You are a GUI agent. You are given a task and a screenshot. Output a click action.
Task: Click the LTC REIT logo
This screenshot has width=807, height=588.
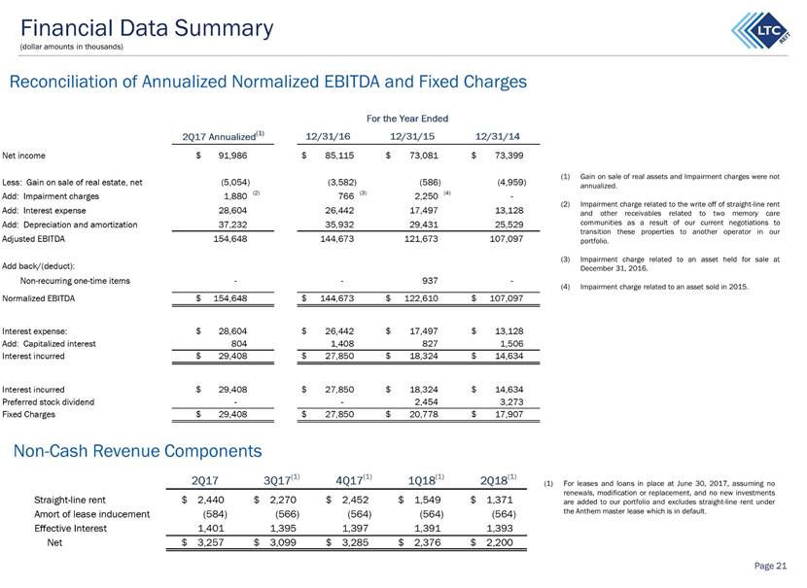click(x=760, y=30)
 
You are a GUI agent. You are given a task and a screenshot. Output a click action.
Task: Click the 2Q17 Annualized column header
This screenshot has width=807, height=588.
click(x=223, y=136)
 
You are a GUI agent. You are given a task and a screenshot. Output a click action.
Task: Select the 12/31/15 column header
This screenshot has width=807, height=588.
click(x=411, y=136)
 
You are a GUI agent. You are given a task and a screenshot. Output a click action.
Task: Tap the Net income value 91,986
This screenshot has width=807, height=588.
click(x=232, y=156)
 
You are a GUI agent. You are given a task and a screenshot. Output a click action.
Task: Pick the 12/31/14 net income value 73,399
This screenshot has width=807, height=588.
click(x=509, y=156)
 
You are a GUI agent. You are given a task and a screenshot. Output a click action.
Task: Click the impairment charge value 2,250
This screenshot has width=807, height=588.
click(x=426, y=196)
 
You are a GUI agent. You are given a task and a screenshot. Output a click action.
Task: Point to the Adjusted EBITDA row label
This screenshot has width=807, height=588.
click(x=33, y=239)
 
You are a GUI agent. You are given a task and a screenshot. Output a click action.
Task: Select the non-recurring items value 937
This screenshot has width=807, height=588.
click(x=430, y=281)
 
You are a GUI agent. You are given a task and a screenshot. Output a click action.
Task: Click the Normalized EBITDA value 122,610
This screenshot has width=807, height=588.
click(x=421, y=298)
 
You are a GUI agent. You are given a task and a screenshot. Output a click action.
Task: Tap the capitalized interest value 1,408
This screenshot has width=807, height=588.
click(x=339, y=344)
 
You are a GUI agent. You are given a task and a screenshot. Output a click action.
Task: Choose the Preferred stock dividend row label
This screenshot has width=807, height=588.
click(x=49, y=401)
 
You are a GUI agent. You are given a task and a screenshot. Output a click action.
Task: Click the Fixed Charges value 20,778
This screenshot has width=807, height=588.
click(x=424, y=414)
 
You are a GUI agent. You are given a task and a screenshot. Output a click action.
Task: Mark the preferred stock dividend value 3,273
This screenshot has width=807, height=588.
click(x=511, y=401)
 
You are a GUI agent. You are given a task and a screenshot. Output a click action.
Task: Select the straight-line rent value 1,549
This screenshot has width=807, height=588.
click(x=427, y=500)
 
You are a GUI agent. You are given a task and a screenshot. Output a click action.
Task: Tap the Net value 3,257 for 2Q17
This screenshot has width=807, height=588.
click(x=210, y=542)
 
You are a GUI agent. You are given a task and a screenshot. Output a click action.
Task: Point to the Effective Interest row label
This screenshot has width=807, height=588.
click(x=71, y=529)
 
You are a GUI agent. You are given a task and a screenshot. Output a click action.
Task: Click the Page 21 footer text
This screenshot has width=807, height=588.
click(x=770, y=566)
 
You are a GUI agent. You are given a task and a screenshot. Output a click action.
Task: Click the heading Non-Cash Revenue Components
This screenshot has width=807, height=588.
click(x=137, y=451)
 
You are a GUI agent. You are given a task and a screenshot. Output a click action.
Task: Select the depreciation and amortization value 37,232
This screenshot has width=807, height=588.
click(x=232, y=225)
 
